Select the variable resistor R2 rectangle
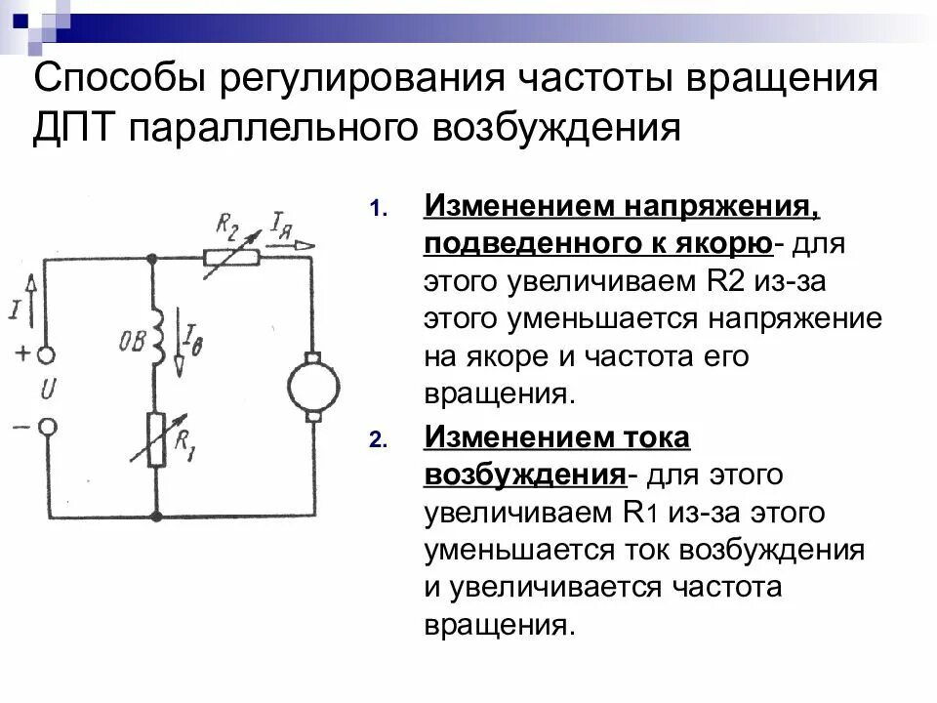coord(231,258)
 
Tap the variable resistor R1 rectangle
coord(154,440)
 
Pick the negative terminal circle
coord(46,427)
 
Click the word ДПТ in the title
coord(73,128)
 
